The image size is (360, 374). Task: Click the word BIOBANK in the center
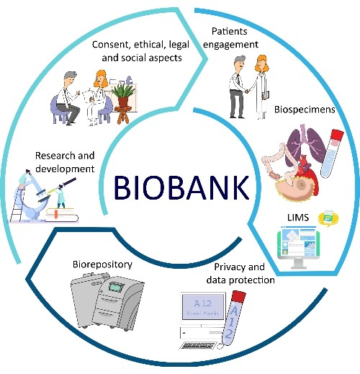(x=181, y=188)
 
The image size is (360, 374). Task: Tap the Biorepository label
(x=102, y=264)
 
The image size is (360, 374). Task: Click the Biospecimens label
(x=305, y=110)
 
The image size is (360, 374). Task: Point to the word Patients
(x=230, y=31)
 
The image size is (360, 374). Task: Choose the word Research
(x=55, y=156)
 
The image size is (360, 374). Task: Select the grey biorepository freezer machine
(x=107, y=301)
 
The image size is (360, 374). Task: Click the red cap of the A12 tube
(x=239, y=297)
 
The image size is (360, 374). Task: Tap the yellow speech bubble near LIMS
(x=328, y=218)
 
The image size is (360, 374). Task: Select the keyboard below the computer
(x=197, y=346)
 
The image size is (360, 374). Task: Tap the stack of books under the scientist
(x=62, y=215)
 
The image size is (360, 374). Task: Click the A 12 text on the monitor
(x=203, y=303)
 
